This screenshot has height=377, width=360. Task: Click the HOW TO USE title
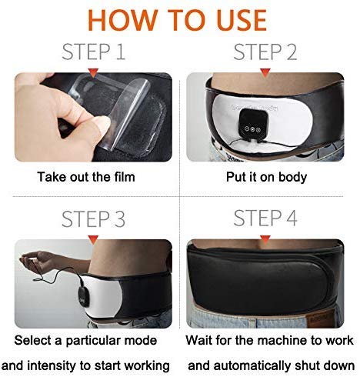(177, 20)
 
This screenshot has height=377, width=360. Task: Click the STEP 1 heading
(94, 52)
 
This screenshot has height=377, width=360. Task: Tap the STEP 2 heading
(265, 52)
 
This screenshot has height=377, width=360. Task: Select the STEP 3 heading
(93, 219)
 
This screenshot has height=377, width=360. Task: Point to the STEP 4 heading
(265, 218)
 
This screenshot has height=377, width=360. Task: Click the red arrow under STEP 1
(93, 72)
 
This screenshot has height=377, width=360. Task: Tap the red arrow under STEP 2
(265, 72)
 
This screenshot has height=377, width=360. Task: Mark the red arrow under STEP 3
(93, 240)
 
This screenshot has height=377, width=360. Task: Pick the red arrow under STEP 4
(265, 240)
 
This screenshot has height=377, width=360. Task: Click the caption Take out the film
(86, 177)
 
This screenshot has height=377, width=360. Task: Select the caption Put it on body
(266, 177)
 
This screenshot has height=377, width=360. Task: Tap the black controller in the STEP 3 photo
(84, 292)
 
